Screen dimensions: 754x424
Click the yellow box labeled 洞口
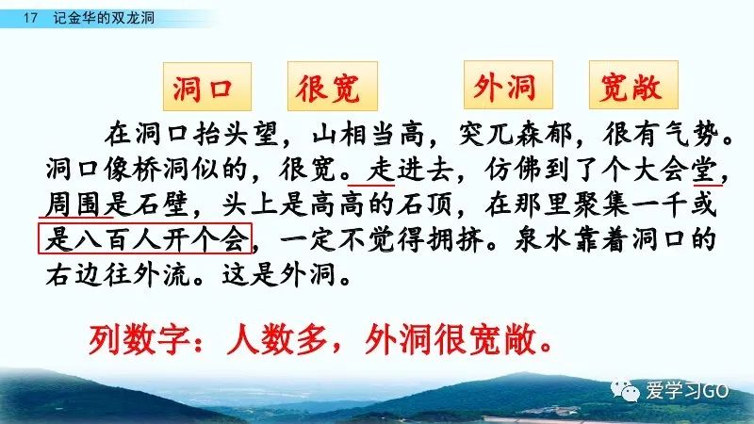207,87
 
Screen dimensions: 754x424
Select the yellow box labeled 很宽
333,87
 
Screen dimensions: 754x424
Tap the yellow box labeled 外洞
508,85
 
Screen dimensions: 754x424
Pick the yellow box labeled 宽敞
633,85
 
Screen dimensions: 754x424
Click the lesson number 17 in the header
30,18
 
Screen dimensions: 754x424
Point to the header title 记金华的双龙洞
104,18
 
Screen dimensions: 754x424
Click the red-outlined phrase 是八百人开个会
145,238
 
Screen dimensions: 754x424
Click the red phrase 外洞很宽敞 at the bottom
451,339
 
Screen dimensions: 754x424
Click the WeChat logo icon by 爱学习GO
625,390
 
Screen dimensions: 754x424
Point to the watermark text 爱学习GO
686,390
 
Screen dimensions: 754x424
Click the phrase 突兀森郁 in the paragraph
515,134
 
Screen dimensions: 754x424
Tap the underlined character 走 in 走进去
381,170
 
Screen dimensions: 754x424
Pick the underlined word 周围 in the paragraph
74,204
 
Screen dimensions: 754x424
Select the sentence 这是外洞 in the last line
278,274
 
